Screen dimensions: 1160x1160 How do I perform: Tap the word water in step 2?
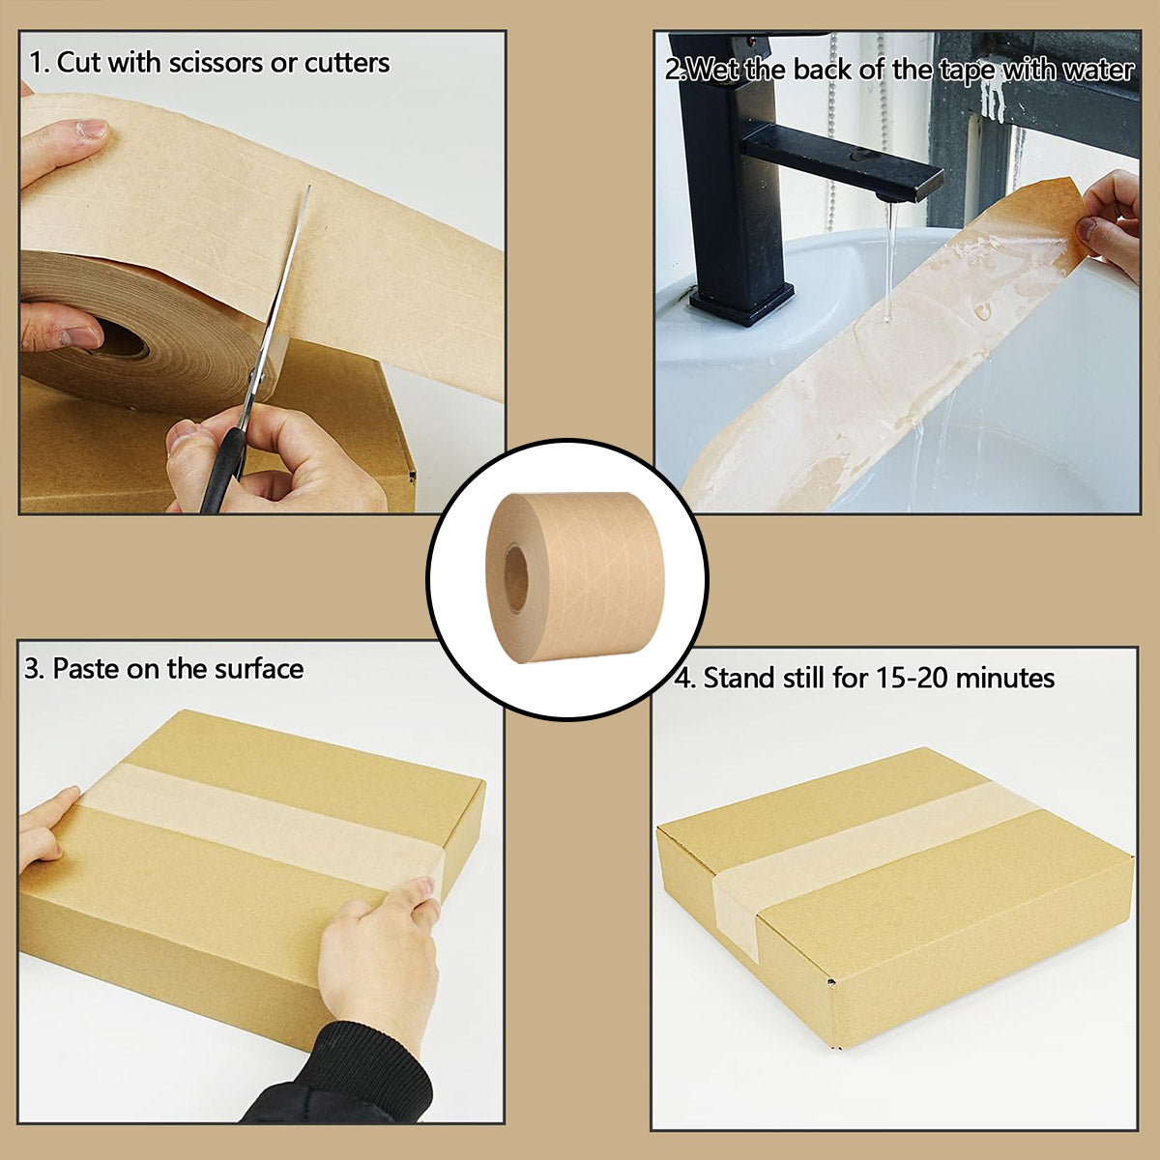point(1097,70)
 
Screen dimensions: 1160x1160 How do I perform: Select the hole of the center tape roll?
point(516,578)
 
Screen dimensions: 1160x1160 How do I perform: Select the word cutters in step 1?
point(347,63)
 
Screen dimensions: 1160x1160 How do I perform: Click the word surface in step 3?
point(259,669)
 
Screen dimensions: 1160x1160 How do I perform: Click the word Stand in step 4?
point(736,678)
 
